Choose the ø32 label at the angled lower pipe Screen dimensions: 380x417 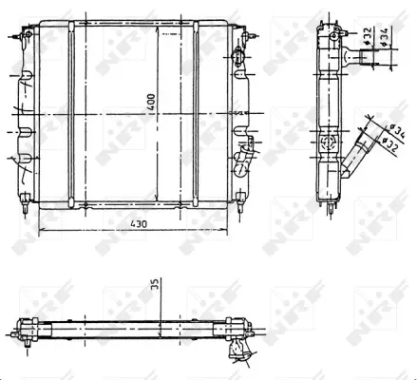point(388,144)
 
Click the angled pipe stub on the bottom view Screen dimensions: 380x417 point(235,351)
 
